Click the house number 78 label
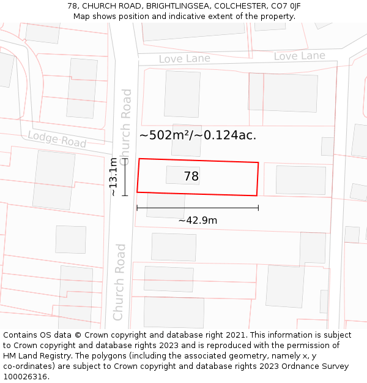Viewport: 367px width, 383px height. click(x=191, y=176)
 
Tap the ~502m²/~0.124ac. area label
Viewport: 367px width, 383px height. click(x=198, y=135)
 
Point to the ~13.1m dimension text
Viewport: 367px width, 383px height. click(x=113, y=176)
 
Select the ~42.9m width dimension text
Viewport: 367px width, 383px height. click(x=198, y=221)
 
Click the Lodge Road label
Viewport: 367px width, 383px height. click(x=57, y=140)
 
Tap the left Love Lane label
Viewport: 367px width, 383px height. click(x=184, y=59)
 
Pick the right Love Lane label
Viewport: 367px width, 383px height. click(x=299, y=56)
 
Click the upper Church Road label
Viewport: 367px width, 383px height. click(x=125, y=123)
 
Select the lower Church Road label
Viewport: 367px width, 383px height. click(x=119, y=282)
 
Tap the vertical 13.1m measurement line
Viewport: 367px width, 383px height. click(x=125, y=176)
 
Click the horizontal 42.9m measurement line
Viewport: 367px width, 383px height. click(x=198, y=208)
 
